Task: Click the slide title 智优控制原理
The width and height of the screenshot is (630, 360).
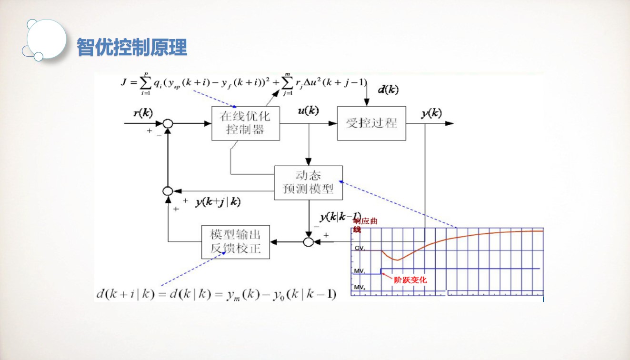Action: tap(132, 48)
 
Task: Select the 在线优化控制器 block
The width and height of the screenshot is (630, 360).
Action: tap(245, 123)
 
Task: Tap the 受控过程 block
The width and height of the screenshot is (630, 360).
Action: tap(371, 123)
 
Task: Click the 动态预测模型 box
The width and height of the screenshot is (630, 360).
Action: tap(308, 183)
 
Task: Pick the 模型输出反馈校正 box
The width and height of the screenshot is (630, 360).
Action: tap(235, 242)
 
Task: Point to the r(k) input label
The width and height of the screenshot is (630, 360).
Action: tap(143, 113)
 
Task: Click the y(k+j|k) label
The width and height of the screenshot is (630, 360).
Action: tap(218, 202)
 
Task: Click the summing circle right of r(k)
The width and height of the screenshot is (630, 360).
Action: tap(167, 124)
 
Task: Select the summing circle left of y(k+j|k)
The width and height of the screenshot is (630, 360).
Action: tap(167, 190)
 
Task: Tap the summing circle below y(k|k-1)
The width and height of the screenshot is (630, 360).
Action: tap(309, 242)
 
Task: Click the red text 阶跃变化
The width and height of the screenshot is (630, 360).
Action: tap(410, 280)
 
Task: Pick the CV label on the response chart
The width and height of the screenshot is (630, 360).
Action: tap(359, 248)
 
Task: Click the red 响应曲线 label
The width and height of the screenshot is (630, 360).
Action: tap(364, 225)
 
